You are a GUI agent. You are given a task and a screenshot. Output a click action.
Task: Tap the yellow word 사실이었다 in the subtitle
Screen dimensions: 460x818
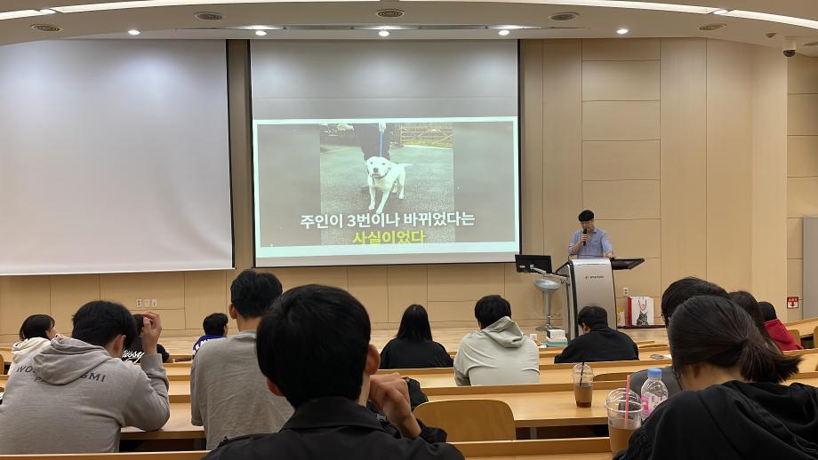(x=389, y=237)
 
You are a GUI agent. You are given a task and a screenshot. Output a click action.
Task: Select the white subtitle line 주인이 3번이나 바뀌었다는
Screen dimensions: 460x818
(x=387, y=219)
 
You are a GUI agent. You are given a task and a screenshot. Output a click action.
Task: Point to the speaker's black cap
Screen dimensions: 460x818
(x=586, y=215)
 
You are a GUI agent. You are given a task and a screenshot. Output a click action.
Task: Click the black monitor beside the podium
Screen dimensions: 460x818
(x=533, y=263)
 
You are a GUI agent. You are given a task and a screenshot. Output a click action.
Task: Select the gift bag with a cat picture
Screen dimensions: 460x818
(x=640, y=311)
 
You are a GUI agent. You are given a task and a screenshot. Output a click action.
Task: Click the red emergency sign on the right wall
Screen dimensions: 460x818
(x=791, y=302)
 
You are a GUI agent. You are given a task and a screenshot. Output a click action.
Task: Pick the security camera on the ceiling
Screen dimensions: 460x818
(x=789, y=48)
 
